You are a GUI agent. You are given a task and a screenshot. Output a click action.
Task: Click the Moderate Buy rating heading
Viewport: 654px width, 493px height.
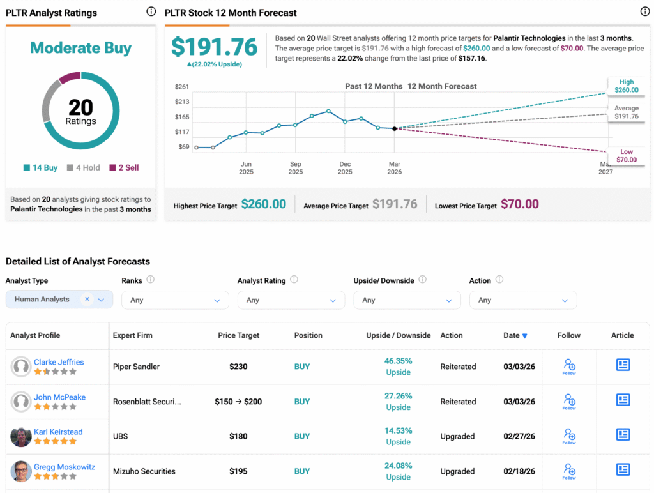[x=81, y=48]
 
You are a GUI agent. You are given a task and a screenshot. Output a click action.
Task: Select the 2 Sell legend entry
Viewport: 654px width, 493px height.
[x=124, y=167]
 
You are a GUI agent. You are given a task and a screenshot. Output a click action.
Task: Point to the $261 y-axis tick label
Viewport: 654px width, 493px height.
[x=182, y=87]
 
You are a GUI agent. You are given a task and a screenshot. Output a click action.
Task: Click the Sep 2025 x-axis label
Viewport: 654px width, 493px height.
[x=295, y=168]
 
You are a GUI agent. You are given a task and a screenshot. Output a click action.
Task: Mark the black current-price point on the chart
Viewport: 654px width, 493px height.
[x=394, y=128]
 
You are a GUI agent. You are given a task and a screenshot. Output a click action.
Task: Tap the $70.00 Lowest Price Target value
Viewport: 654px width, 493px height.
[x=519, y=204]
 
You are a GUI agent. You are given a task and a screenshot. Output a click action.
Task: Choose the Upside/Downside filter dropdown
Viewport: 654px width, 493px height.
[x=407, y=300]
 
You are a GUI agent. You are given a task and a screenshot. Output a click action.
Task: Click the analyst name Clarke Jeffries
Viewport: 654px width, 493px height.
[x=59, y=362]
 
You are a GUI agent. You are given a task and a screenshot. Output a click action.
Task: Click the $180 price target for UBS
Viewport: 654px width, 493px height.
[x=238, y=436]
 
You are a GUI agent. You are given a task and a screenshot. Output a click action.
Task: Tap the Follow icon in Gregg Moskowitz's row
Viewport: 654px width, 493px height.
[x=569, y=471]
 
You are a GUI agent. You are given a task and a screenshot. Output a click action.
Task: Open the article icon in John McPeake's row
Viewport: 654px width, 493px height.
[x=623, y=400]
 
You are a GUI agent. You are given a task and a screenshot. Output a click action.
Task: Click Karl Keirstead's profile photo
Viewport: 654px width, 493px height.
[x=21, y=437]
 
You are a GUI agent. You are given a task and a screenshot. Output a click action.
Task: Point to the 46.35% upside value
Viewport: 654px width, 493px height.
[x=399, y=361]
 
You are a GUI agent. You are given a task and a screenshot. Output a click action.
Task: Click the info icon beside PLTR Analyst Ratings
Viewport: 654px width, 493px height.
[x=151, y=11]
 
